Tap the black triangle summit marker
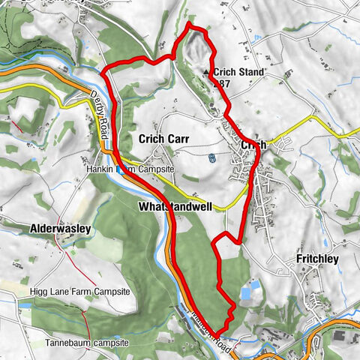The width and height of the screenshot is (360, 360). click(x=207, y=73)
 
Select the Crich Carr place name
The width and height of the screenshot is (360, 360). click(x=162, y=139)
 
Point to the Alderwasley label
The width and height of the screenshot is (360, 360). click(x=60, y=227)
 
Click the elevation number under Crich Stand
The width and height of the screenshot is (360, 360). click(x=222, y=84)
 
